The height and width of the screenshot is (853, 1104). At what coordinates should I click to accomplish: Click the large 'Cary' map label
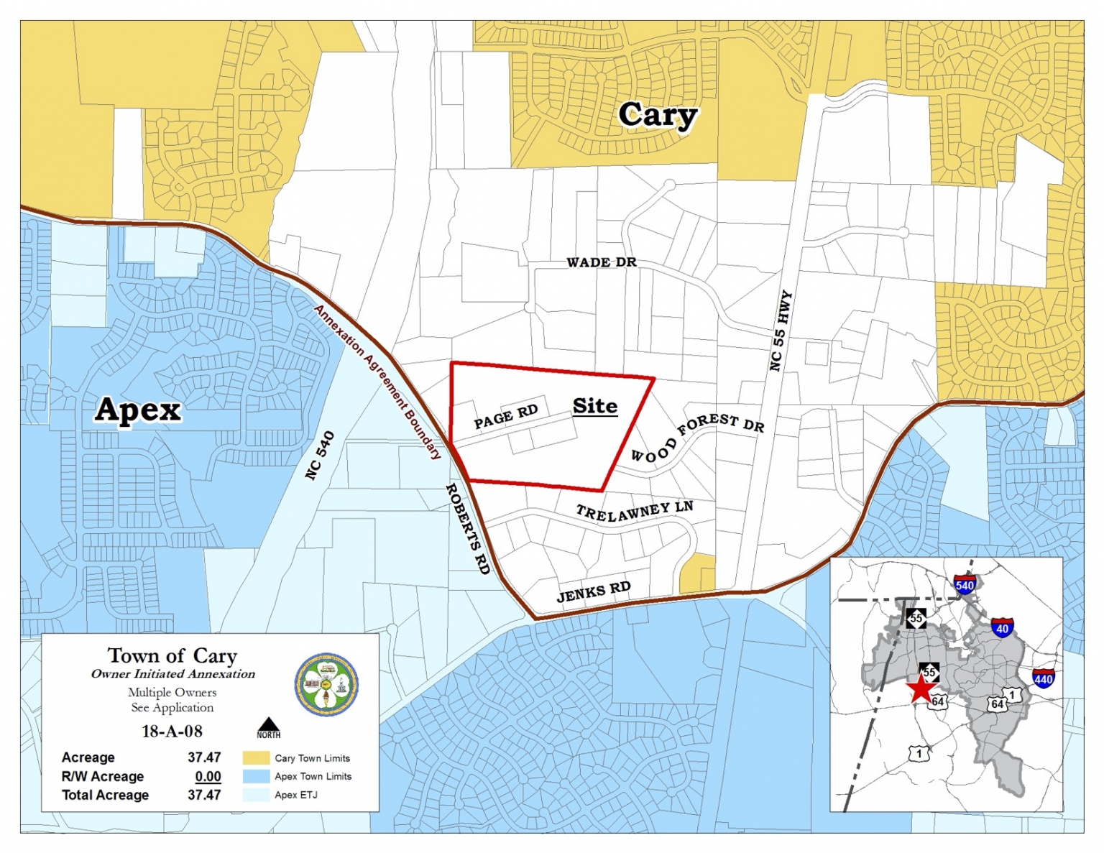click(x=657, y=115)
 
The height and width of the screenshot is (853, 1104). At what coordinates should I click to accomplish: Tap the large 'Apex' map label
click(x=138, y=410)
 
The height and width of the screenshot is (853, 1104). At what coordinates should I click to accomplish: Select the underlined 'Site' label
click(x=594, y=406)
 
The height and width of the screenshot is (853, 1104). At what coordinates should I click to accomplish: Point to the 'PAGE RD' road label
click(x=506, y=416)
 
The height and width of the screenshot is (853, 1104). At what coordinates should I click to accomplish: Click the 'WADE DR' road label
click(x=602, y=262)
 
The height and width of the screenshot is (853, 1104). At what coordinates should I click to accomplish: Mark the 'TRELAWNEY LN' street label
click(x=634, y=512)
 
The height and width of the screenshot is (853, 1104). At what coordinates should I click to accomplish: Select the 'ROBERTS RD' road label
click(x=468, y=528)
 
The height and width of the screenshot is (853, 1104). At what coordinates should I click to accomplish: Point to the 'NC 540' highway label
click(x=320, y=455)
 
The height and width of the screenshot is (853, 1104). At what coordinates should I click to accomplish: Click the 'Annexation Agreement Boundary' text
click(x=377, y=382)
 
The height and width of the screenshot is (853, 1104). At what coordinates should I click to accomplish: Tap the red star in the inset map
click(x=919, y=688)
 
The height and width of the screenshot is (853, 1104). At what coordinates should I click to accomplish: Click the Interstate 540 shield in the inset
click(x=965, y=584)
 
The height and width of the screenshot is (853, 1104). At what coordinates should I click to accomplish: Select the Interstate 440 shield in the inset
click(x=1043, y=678)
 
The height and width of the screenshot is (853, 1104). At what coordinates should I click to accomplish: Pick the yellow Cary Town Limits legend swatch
click(x=256, y=758)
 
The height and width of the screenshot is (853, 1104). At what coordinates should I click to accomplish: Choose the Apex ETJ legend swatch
click(x=256, y=795)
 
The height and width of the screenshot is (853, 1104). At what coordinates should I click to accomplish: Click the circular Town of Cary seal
click(x=327, y=685)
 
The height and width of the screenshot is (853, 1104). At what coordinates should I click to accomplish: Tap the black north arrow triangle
click(x=269, y=725)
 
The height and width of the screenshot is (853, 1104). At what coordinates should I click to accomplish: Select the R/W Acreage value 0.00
click(x=208, y=776)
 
